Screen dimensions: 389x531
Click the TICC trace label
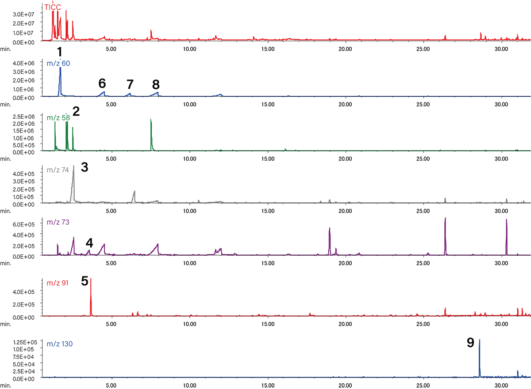coord(53,7)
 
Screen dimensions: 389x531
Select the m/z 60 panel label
coord(58,64)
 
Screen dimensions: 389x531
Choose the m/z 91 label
coord(58,282)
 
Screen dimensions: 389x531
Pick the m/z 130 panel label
coord(60,343)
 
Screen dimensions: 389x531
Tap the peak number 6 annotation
coord(102,83)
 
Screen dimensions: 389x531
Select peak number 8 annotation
coord(155,84)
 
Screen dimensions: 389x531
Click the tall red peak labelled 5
coord(91,296)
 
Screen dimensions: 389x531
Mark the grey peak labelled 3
coord(73,181)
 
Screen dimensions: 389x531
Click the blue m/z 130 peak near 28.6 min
coord(480,353)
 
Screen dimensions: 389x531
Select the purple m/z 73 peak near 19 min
coord(330,238)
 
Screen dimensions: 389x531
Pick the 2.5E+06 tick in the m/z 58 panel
coord(31,117)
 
